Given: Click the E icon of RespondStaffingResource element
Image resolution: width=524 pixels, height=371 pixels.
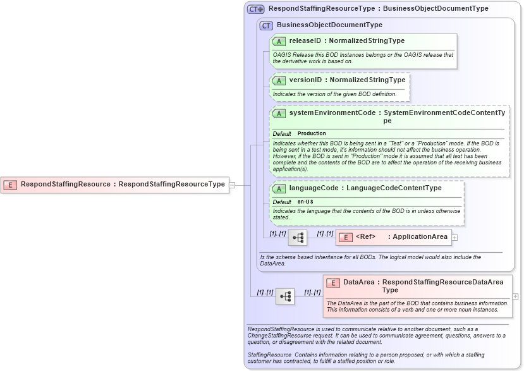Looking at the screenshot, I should click(x=10, y=185).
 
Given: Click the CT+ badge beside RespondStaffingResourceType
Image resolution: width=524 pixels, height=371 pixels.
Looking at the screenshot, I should click(x=255, y=9).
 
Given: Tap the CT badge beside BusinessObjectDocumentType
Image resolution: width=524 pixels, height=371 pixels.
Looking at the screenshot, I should click(x=266, y=25).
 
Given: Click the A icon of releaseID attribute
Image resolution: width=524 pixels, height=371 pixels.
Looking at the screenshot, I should click(x=279, y=42).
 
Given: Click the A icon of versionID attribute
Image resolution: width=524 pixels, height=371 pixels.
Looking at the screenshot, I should click(x=279, y=81).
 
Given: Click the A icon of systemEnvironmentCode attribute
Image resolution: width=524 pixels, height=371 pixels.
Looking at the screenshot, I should click(x=279, y=114).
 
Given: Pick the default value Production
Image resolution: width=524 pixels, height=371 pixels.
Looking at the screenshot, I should click(x=312, y=134).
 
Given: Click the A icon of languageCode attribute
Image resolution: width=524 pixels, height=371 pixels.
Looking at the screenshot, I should click(x=279, y=188).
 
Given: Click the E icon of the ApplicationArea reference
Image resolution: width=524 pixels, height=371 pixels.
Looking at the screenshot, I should click(x=346, y=238).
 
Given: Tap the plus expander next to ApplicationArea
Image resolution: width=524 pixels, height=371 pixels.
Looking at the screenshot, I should click(x=454, y=238).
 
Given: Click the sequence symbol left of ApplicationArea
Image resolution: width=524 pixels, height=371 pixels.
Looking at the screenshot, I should click(x=298, y=238).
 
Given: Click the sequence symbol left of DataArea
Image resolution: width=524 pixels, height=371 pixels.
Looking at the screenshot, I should click(x=285, y=296).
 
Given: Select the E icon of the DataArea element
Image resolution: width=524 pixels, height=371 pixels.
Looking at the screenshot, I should click(x=332, y=283).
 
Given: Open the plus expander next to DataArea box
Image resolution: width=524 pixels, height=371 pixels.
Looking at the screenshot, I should click(x=515, y=296).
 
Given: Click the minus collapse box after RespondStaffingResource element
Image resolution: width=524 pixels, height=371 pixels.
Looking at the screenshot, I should click(x=232, y=185).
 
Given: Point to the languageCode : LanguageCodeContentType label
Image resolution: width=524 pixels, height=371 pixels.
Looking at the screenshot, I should click(x=365, y=188).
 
